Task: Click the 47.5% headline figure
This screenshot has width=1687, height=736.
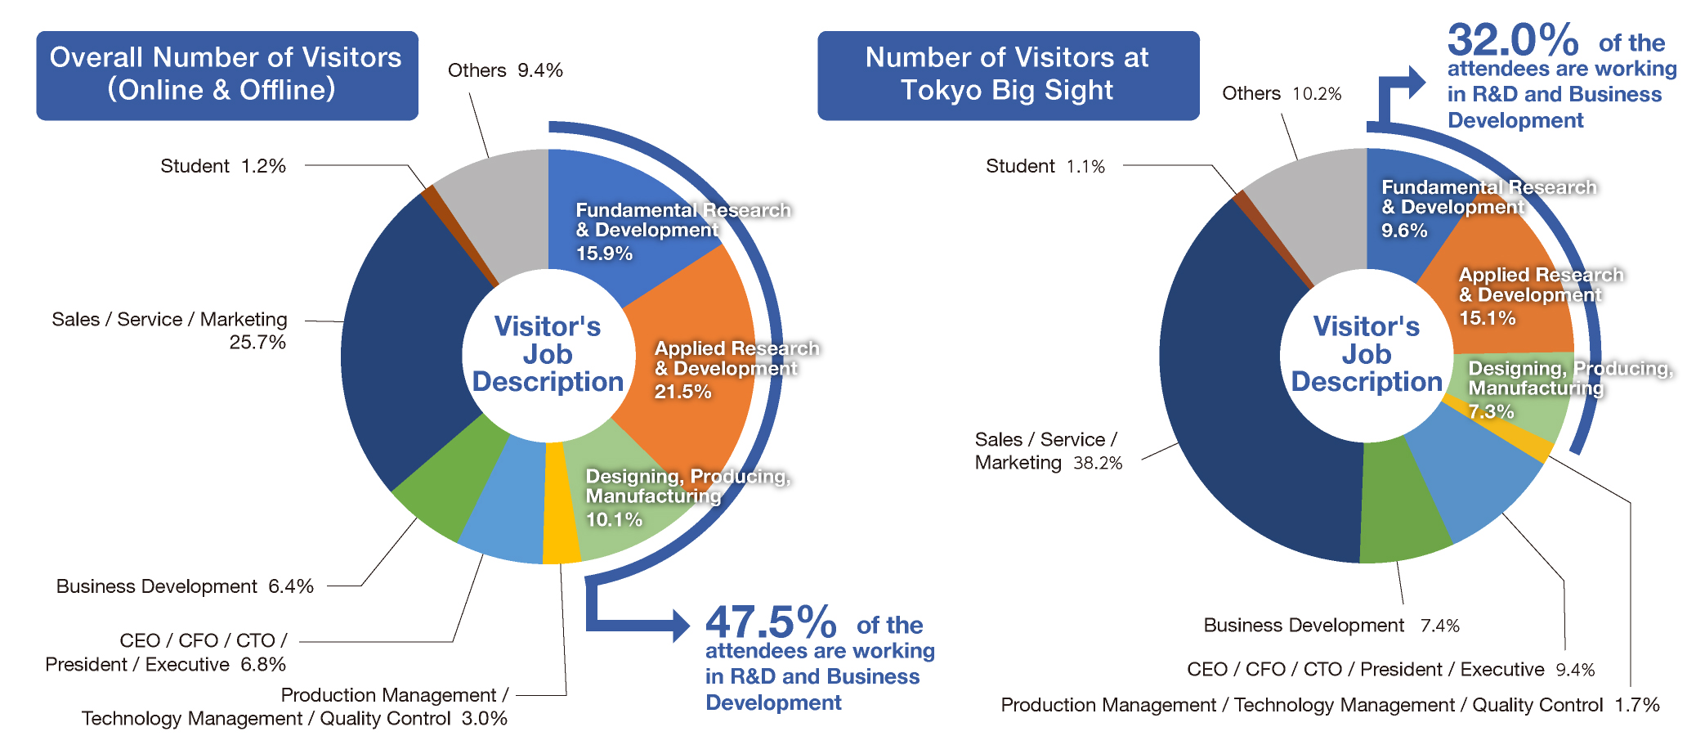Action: point(770,623)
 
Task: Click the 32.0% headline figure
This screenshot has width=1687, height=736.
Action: point(1512,39)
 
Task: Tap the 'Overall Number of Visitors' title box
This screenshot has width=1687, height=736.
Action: point(226,75)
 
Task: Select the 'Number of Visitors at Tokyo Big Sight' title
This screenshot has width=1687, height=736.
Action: point(1008,75)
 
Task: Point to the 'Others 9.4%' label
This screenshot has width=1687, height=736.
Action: point(505,71)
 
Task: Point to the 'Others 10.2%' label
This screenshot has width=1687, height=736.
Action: point(1281,94)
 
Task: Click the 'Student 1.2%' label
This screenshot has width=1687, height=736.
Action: point(222,166)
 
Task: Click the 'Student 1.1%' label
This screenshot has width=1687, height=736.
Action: point(1045,167)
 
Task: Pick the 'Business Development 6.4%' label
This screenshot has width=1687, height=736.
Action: point(185,586)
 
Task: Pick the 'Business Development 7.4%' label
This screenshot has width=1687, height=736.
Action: point(1331,626)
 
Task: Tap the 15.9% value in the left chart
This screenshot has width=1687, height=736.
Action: point(604,254)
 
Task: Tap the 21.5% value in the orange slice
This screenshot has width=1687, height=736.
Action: point(682,392)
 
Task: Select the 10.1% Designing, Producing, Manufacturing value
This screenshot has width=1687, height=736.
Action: point(614,519)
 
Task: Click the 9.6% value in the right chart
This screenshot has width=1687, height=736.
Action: point(1404,231)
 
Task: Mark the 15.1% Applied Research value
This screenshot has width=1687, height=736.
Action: point(1488,318)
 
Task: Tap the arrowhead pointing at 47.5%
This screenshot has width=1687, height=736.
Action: point(680,626)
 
